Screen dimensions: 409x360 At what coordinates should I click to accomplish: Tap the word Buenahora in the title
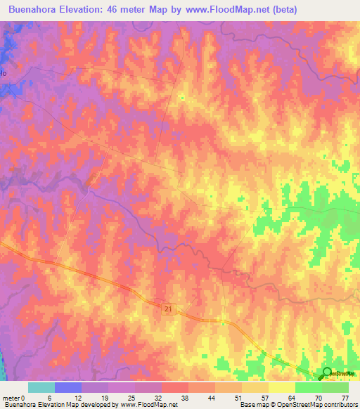point(35,10)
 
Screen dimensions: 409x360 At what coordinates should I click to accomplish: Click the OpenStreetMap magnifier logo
point(326,372)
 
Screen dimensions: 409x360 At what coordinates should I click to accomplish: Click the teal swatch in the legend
point(41,387)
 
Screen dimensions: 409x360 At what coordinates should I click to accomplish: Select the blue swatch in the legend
point(68,387)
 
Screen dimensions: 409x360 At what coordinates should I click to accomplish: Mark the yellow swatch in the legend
point(282,387)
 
